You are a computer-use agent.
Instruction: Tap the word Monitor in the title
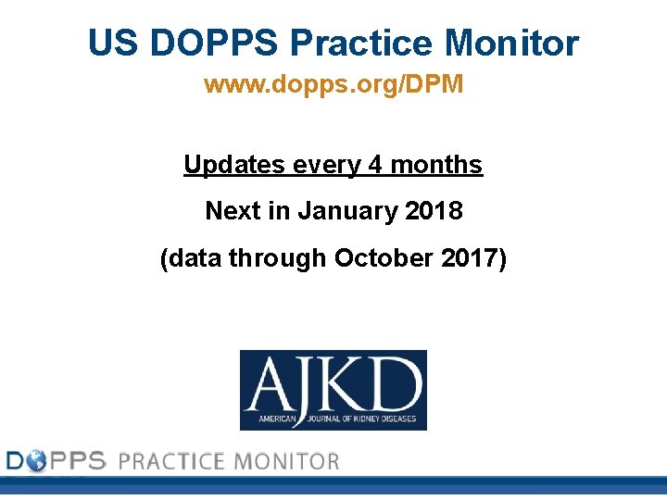(x=512, y=44)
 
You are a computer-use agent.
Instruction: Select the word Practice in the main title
(x=363, y=44)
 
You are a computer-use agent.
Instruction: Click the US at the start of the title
(x=112, y=44)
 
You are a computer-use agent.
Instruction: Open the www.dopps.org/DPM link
(x=333, y=85)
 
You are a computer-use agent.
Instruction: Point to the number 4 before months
(x=375, y=165)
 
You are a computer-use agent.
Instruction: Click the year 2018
(x=434, y=211)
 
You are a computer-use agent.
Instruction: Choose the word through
(x=277, y=258)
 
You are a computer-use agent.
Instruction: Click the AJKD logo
(x=333, y=390)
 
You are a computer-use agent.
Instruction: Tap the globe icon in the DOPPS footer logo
(x=35, y=460)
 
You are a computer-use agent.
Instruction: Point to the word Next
(x=233, y=211)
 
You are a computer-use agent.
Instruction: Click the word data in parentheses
(x=195, y=258)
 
